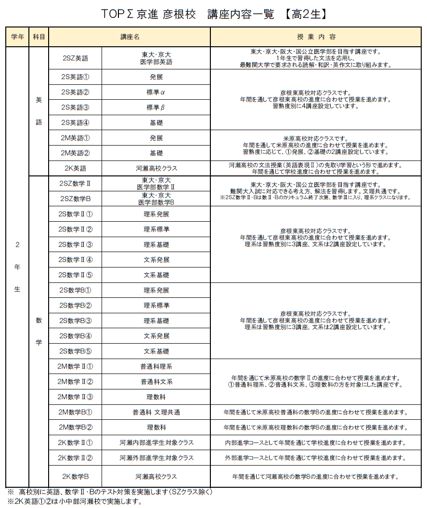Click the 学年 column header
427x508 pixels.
coord(17,37)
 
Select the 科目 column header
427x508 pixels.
coord(39,37)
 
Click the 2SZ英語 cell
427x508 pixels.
coord(76,58)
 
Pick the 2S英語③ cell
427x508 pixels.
coord(76,107)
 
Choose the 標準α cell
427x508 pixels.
coord(156,92)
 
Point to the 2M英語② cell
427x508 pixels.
coord(76,153)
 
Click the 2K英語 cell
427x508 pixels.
coord(76,168)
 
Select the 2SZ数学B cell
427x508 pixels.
coord(76,199)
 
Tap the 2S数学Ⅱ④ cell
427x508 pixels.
coord(76,260)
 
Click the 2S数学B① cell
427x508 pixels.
coord(76,290)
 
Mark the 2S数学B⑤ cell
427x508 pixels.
coord(76,351)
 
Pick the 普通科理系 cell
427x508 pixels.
coord(156,366)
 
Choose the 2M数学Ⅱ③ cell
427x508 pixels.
coord(76,397)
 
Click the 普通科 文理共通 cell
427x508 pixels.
coord(156,412)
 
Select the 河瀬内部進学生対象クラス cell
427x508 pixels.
coord(156,442)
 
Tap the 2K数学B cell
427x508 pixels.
coord(76,477)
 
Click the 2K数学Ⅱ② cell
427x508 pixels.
coord(76,457)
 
